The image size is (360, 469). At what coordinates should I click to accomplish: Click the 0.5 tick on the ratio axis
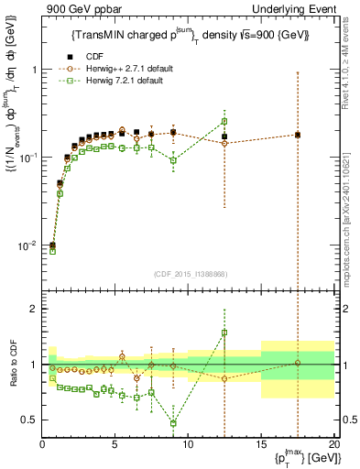(29, 420)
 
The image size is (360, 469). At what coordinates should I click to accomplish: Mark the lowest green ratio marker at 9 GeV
(173, 423)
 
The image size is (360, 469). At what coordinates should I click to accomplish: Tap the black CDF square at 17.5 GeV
(298, 135)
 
